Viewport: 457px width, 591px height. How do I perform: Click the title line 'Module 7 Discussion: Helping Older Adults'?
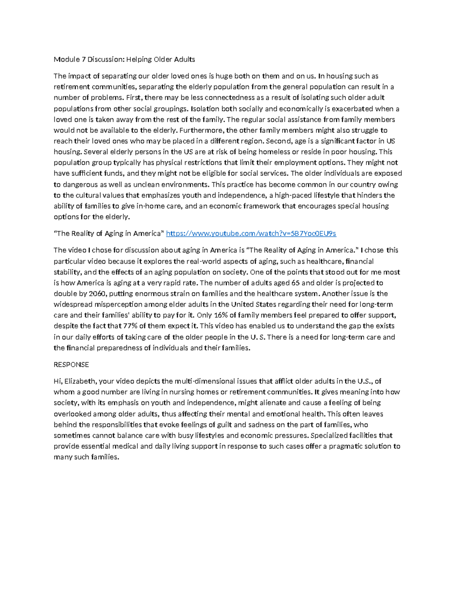124,59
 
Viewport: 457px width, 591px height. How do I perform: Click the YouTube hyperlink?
251,234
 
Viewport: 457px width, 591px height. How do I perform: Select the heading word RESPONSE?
71,365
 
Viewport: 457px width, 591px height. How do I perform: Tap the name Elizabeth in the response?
80,381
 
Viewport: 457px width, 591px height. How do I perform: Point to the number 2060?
97,294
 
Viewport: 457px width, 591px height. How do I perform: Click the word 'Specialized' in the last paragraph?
329,436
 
